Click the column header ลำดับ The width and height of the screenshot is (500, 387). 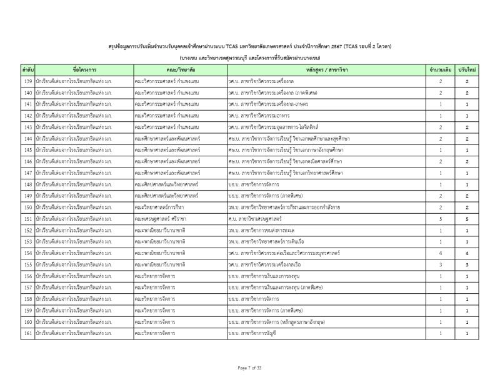tap(27, 69)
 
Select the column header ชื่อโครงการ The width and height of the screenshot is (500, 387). tap(84, 69)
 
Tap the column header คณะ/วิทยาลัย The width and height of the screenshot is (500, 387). tap(180, 69)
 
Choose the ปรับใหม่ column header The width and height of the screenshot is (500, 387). tap(467, 69)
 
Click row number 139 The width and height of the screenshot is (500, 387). tap(27, 82)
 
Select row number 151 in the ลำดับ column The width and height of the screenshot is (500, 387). tap(27, 219)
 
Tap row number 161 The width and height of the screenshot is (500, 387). tap(27, 334)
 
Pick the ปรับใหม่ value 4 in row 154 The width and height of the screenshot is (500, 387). tap(467, 254)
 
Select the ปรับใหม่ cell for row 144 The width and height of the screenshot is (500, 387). tap(467, 139)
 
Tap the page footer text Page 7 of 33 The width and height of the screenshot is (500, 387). tap(249, 367)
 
